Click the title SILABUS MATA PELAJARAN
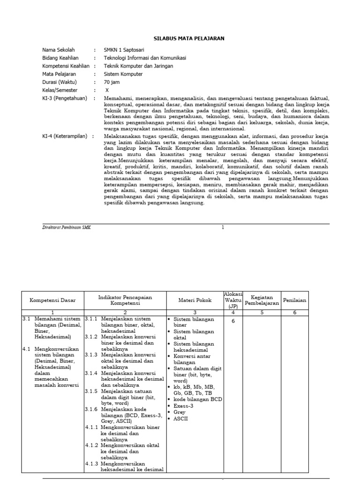pos(189,38)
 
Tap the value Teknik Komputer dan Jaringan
pos(138,66)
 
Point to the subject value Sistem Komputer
pos(123,74)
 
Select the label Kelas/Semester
pos(60,90)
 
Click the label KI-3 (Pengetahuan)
pos(65,98)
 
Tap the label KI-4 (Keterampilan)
pos(65,136)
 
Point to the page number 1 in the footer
pos(223,227)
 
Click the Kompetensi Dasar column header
pos(52,300)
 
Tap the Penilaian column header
pos(295,300)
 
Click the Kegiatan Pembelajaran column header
pos(262,300)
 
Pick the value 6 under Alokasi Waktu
pos(232,321)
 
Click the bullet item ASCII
pos(180,419)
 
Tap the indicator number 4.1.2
pos(91,445)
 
